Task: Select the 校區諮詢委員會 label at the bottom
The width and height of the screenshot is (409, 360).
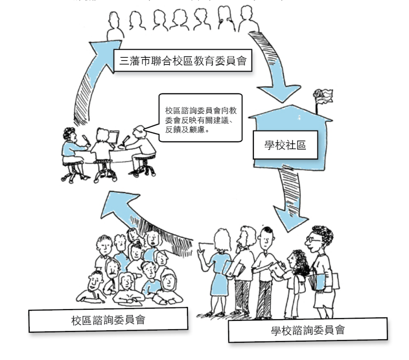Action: pyautogui.click(x=108, y=320)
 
